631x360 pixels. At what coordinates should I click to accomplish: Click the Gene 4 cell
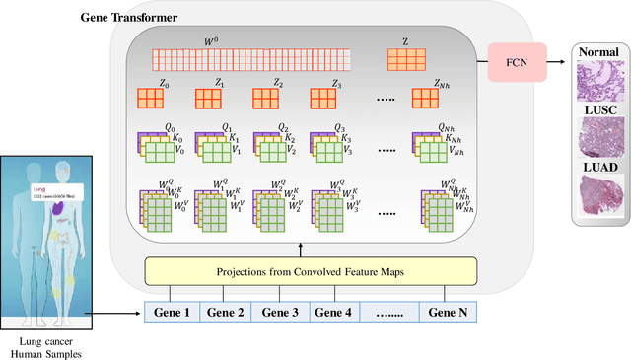[x=333, y=313]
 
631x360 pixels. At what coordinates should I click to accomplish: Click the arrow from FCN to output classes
[x=556, y=63]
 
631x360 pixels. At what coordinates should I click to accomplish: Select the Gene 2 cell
[x=226, y=313]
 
